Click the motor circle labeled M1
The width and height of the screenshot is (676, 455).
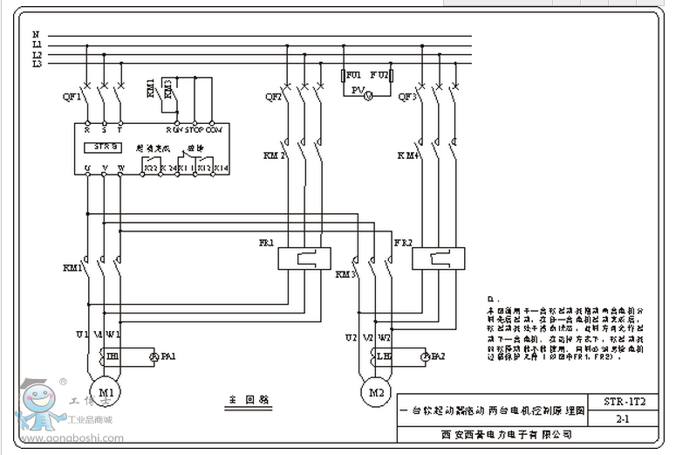106,393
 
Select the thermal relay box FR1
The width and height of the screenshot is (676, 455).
304,258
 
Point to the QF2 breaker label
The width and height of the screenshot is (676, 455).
273,97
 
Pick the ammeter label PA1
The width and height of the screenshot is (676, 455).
168,356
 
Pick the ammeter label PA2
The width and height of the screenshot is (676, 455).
437,356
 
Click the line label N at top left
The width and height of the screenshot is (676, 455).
37,36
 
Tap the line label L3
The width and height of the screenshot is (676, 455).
38,64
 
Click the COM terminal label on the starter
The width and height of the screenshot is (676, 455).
215,129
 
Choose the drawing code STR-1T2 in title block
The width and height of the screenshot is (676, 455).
625,403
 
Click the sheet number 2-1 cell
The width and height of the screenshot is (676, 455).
625,419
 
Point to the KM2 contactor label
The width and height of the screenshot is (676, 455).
275,155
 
